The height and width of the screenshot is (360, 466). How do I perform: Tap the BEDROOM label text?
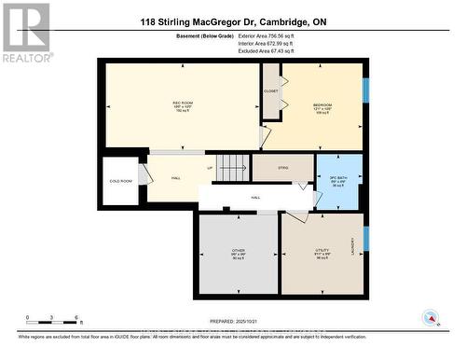[x=322, y=104]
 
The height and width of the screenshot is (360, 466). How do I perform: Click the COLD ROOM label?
[x=120, y=181]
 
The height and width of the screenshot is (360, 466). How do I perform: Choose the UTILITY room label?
[x=322, y=251]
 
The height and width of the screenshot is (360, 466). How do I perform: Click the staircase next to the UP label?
[x=232, y=167]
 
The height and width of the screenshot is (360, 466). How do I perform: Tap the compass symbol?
[x=431, y=318]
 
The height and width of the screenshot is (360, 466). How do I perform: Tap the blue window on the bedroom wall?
[x=365, y=90]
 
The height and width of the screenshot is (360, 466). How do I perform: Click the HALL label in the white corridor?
[x=255, y=198]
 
